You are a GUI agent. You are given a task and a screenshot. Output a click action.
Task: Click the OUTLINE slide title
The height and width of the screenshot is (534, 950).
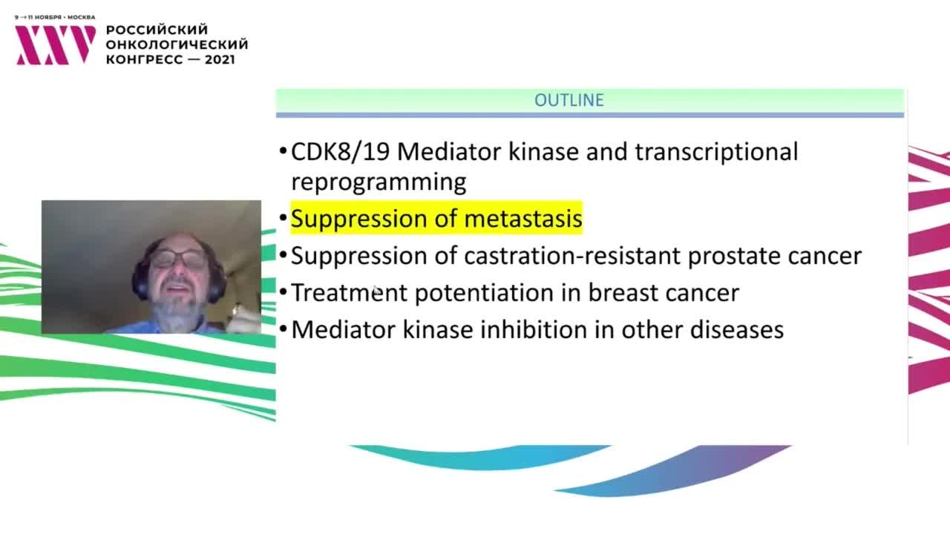coord(569,100)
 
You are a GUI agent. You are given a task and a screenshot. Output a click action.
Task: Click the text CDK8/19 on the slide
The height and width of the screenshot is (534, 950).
coord(340,151)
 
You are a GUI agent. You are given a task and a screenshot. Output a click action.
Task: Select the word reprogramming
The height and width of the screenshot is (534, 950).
coord(379,182)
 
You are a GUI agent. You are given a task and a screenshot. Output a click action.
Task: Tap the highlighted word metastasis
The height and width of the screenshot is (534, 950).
coord(523,219)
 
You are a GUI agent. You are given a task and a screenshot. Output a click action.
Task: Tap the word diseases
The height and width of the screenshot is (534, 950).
coord(737,330)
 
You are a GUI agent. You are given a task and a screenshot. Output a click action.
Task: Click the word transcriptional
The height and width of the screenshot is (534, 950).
coord(716,152)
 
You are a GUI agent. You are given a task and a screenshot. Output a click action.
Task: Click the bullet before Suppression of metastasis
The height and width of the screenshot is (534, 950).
coord(284,219)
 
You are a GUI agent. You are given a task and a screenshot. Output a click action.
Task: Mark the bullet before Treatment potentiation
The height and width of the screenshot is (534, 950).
coord(284,292)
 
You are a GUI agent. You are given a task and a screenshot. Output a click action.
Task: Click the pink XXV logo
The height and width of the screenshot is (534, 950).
coord(55,45)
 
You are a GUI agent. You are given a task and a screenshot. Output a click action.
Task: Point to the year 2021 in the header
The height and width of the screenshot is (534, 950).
coord(220,59)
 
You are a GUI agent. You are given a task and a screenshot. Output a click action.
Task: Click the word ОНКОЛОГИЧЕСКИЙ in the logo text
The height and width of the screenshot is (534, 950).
coord(177,44)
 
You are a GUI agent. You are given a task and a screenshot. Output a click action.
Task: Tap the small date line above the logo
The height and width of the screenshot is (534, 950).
coord(55,17)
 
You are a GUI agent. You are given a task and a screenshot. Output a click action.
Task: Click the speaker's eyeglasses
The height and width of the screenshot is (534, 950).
coord(177,259)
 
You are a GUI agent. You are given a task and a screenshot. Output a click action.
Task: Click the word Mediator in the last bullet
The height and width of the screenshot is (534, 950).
coord(343,329)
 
